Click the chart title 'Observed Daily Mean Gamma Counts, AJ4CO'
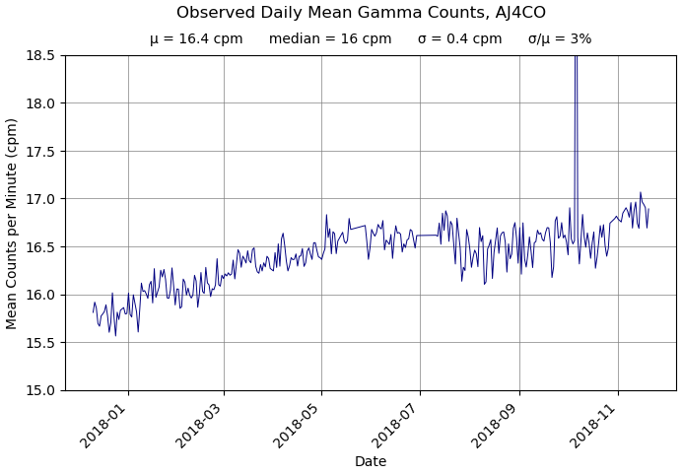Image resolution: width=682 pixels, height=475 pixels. (x=361, y=13)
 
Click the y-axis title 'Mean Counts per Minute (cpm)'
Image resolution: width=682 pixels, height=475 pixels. (x=13, y=223)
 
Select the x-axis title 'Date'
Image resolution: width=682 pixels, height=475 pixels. (x=371, y=461)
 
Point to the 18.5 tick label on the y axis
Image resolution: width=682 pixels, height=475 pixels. (x=40, y=55)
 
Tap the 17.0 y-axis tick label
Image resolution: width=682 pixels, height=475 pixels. (x=40, y=199)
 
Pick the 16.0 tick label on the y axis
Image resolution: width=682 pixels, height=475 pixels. (x=40, y=295)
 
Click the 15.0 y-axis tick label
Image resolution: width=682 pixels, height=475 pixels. (x=40, y=390)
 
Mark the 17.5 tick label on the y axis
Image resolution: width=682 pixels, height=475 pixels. (x=40, y=151)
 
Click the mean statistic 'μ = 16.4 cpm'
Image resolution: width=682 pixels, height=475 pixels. (x=196, y=39)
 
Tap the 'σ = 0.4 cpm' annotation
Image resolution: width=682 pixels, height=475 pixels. (x=459, y=39)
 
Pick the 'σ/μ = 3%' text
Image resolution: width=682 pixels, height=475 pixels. (x=560, y=39)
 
